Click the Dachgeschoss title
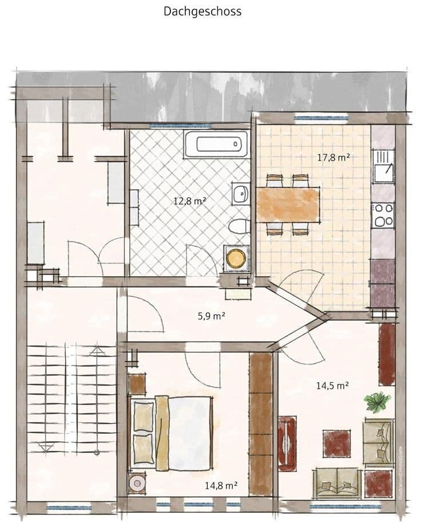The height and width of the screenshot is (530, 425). (x=202, y=11)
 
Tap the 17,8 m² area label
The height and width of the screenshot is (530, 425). (x=333, y=157)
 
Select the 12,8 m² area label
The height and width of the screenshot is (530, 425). (x=190, y=201)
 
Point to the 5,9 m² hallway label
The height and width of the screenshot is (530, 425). (x=211, y=316)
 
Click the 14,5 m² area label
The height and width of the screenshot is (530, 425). (x=332, y=386)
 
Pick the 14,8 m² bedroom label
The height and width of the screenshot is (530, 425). (x=221, y=486)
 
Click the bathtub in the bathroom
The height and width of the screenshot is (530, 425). (x=216, y=143)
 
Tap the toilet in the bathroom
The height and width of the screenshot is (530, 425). (x=238, y=227)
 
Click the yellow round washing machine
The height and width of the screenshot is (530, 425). (x=235, y=258)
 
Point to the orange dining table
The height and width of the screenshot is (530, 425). (x=288, y=205)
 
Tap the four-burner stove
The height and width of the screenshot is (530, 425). (x=383, y=214)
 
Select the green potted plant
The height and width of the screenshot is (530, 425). (x=378, y=402)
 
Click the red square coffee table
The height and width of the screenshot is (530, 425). (x=336, y=443)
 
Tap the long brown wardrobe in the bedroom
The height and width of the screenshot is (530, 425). (x=261, y=423)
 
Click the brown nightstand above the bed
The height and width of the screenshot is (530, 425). (x=137, y=384)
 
